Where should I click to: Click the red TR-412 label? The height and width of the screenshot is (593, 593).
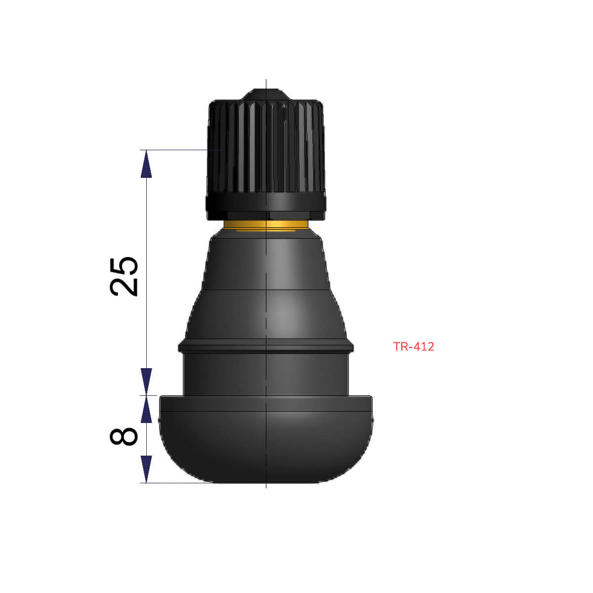(414, 346)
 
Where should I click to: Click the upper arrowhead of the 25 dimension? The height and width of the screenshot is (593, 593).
(146, 164)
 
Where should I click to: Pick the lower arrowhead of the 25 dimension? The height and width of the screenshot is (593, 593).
(146, 381)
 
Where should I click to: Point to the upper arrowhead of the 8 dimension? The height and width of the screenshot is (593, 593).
(146, 410)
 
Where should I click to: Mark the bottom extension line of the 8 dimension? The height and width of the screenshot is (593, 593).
(178, 483)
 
